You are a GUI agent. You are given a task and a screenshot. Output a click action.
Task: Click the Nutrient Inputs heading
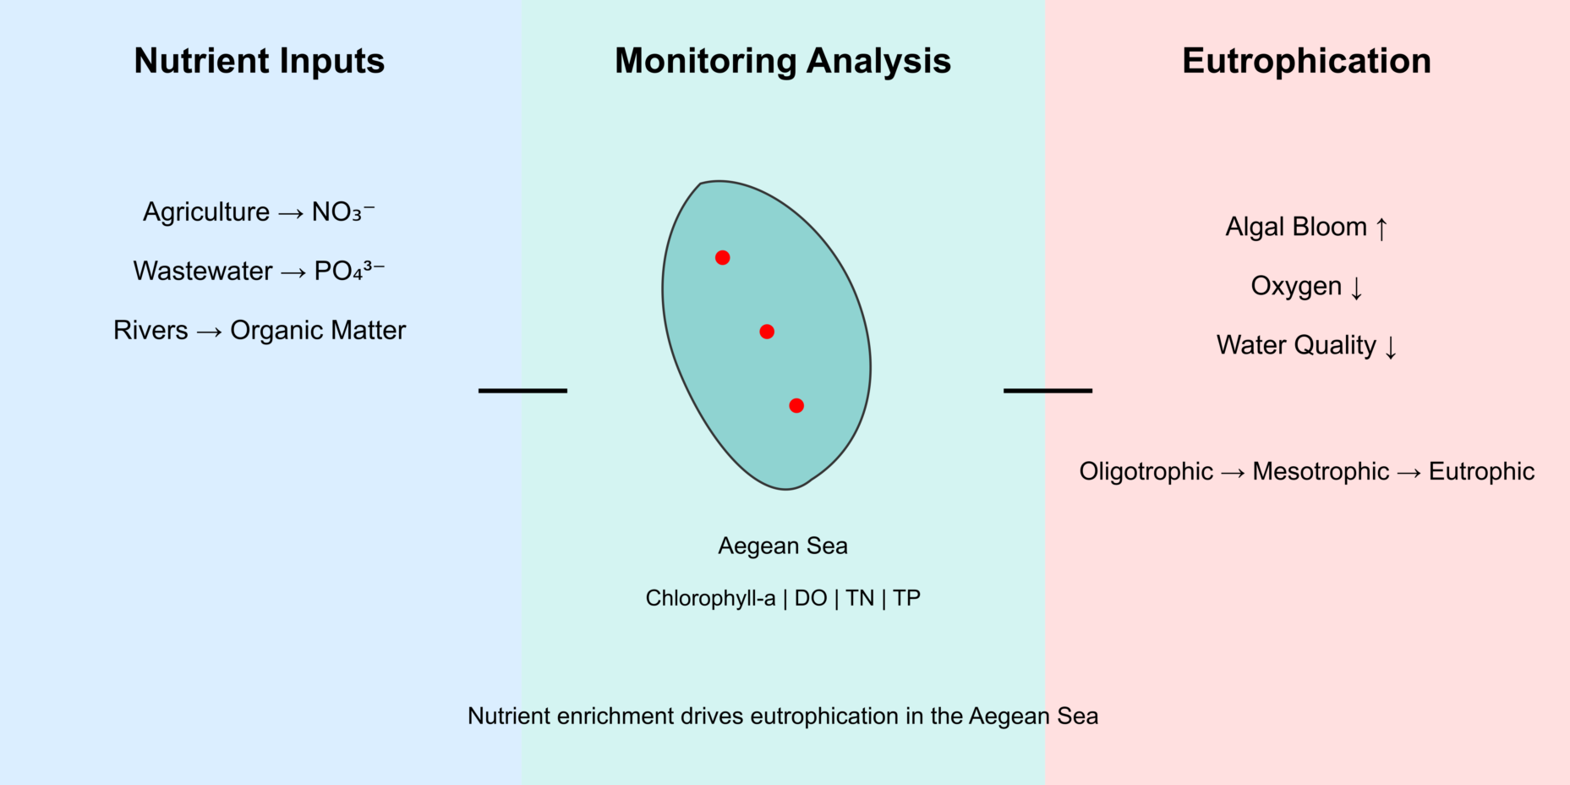tap(259, 61)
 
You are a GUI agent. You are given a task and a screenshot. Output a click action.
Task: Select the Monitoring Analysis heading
tap(782, 61)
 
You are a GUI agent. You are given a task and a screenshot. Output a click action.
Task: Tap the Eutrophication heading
tap(1306, 61)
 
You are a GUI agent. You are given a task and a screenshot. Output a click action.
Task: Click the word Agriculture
tap(206, 211)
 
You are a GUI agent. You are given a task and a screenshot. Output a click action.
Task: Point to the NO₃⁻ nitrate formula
tap(342, 211)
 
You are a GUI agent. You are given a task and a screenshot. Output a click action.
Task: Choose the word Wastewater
tap(203, 271)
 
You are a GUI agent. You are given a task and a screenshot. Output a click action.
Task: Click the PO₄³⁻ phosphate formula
tap(349, 271)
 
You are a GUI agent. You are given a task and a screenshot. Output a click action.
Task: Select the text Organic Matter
tap(318, 330)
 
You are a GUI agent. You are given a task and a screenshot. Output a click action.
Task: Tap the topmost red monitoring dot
tap(722, 257)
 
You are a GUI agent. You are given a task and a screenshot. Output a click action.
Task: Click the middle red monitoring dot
tap(767, 332)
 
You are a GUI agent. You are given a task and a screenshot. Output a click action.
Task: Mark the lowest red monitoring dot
tap(796, 406)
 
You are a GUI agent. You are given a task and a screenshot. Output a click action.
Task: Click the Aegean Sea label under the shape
tap(783, 546)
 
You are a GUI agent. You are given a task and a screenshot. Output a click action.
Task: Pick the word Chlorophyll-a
tap(710, 598)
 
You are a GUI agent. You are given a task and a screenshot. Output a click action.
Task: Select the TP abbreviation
tap(906, 598)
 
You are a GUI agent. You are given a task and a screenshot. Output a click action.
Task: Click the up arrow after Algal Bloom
tap(1381, 228)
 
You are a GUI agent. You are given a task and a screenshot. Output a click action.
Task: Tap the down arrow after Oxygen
tap(1357, 288)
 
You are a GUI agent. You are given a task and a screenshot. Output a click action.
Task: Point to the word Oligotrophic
tap(1146, 471)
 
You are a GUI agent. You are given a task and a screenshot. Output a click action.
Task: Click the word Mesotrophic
tap(1321, 471)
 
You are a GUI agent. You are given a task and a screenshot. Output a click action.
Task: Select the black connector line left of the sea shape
tap(522, 391)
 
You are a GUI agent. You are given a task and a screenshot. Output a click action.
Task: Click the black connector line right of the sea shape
tap(1048, 391)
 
